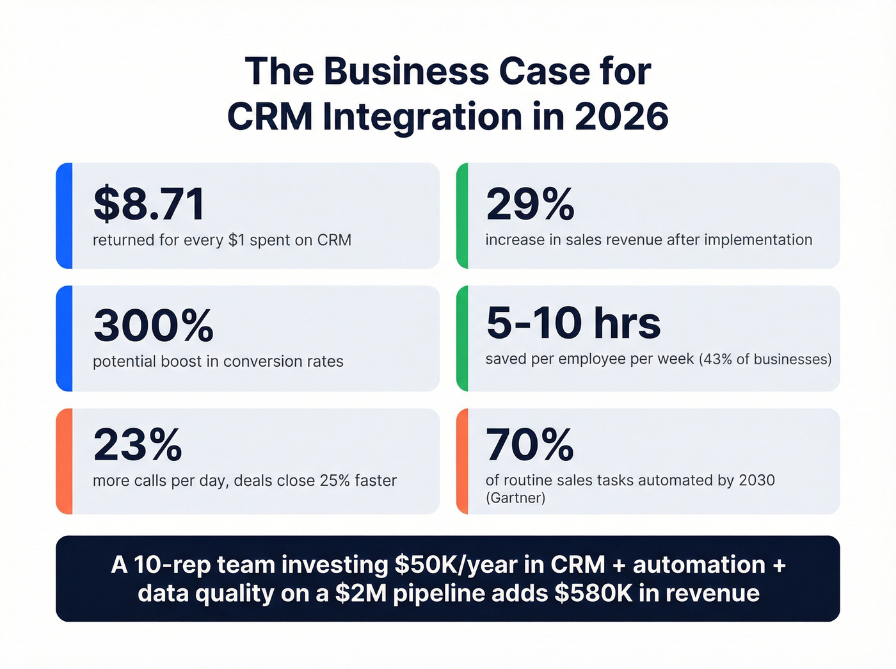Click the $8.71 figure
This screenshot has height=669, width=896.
[149, 204]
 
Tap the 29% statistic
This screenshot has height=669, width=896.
[530, 204]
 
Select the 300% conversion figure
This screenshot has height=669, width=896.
[154, 325]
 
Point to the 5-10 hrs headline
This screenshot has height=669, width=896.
[573, 323]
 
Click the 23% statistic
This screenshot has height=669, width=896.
[138, 444]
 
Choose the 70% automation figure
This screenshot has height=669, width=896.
[530, 444]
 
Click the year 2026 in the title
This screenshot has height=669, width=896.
[621, 117]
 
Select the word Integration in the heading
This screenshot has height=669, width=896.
[422, 117]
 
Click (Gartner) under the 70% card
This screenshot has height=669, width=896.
[515, 498]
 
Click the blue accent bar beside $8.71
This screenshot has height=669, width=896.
[64, 215]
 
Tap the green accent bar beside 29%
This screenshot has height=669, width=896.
[462, 215]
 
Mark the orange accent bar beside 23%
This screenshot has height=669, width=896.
[64, 461]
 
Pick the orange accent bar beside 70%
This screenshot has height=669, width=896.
[462, 461]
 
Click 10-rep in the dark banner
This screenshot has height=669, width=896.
[173, 565]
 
